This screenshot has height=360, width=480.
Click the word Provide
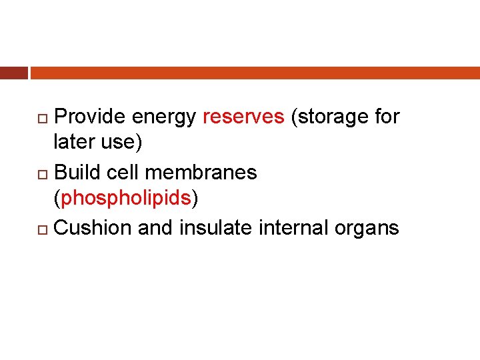click(90, 117)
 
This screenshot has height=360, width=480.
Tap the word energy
click(164, 117)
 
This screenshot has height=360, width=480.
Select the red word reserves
click(243, 117)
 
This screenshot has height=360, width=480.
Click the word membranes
click(201, 173)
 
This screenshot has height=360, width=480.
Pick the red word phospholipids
click(126, 199)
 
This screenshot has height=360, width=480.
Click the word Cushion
click(93, 228)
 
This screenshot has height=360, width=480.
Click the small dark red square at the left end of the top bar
click(13, 73)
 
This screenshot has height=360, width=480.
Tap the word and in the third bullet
click(155, 228)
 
